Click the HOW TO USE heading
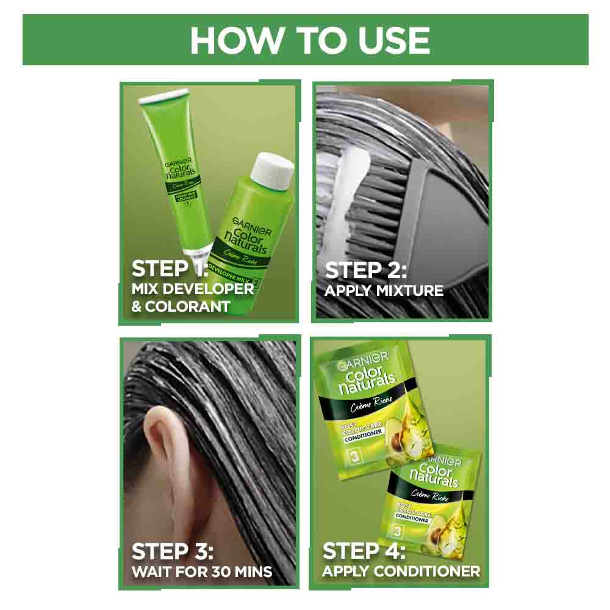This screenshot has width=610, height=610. pos(310,40)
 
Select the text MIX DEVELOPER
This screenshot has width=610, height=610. pos(193,289)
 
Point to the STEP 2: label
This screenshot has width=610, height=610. pos(365,270)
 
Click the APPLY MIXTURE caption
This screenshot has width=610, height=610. pos(384,291)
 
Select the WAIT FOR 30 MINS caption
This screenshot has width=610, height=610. pos(202,572)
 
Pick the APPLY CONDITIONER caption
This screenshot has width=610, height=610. pos(401,572)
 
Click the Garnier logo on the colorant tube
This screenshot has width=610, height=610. pos(178,163)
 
